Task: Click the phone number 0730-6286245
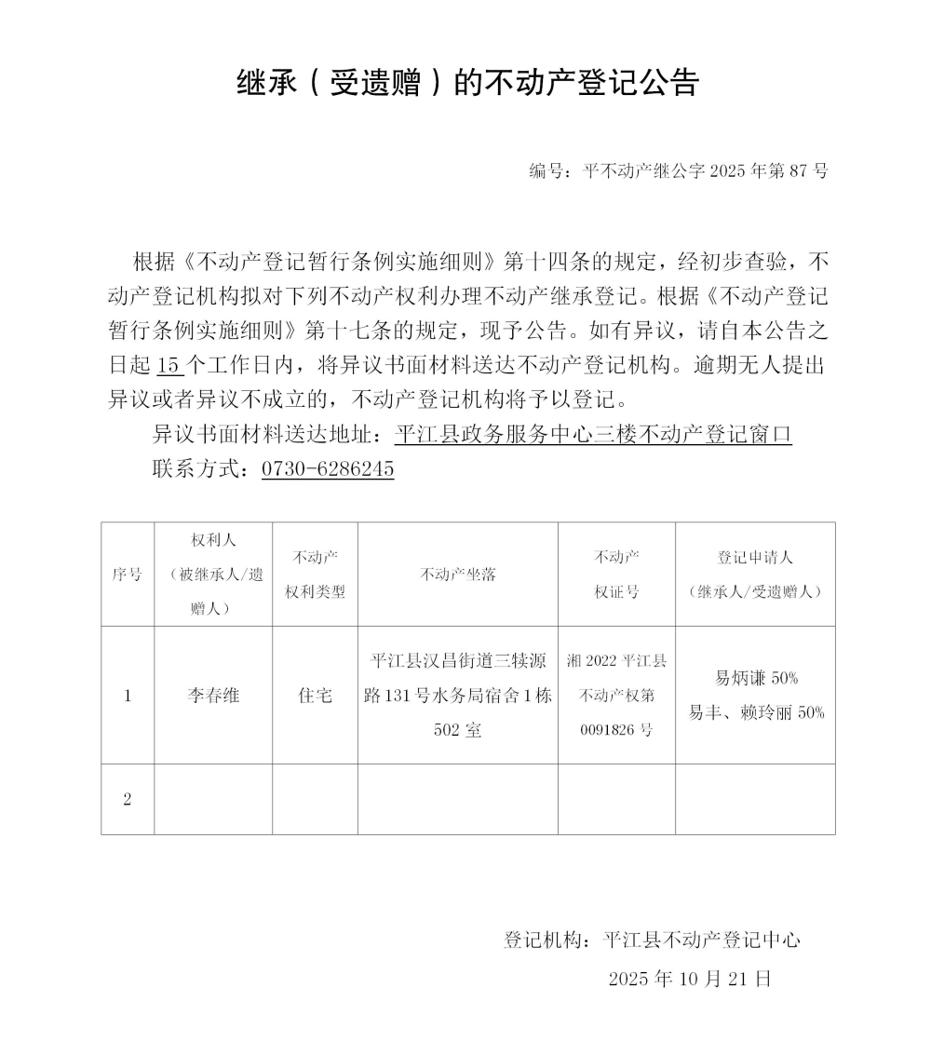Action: [328, 468]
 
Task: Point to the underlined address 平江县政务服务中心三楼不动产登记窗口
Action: [593, 434]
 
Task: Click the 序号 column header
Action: [128, 575]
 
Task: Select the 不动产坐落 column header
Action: [458, 575]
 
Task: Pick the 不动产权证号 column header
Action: [616, 575]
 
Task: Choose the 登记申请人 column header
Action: [755, 575]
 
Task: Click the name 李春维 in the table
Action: [213, 696]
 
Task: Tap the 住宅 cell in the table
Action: [315, 696]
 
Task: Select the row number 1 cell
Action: [128, 696]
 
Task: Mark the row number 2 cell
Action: [128, 800]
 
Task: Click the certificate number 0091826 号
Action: [616, 730]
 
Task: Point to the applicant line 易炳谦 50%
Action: [755, 678]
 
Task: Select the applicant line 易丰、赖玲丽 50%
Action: [755, 713]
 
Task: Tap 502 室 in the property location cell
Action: [458, 730]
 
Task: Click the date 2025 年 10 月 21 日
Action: [690, 979]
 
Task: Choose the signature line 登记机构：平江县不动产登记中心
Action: [652, 940]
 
